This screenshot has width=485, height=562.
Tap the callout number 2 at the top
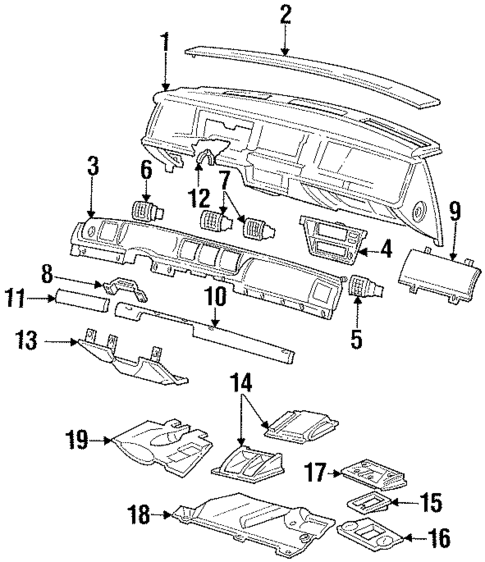pyautogui.click(x=285, y=15)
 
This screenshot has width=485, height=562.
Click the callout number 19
pyautogui.click(x=78, y=439)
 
